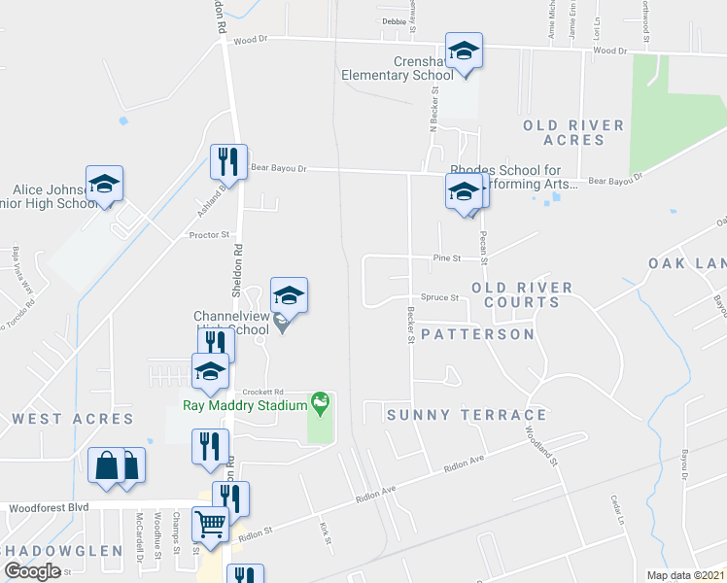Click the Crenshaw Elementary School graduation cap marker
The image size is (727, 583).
click(x=465, y=52)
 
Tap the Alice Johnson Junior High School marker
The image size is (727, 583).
click(x=104, y=185)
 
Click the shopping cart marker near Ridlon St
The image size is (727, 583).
click(x=211, y=525)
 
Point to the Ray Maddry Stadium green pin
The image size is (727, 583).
click(x=319, y=401)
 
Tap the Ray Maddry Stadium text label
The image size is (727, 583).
click(x=245, y=406)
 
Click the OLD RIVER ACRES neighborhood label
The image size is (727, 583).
click(x=573, y=133)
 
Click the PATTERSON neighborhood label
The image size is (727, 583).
click(x=477, y=334)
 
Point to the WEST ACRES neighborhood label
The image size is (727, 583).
click(x=73, y=419)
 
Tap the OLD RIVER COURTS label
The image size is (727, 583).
click(x=522, y=294)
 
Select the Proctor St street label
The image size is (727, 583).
click(x=208, y=234)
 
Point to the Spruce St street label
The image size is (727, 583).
click(x=439, y=297)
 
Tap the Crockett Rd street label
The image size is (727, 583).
click(x=261, y=391)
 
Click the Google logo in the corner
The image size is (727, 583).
click(x=33, y=570)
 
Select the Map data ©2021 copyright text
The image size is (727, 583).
click(x=684, y=575)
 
